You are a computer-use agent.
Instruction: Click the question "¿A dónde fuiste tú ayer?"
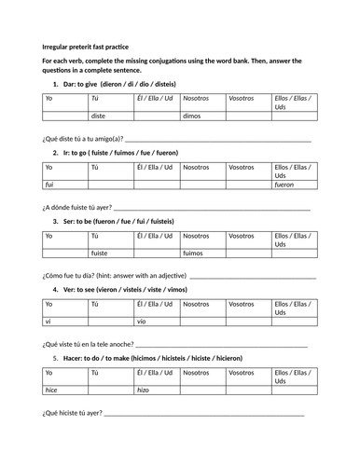point(77,207)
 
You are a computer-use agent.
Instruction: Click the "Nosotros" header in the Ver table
point(197,304)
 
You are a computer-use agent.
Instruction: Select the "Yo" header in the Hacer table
point(50,373)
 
